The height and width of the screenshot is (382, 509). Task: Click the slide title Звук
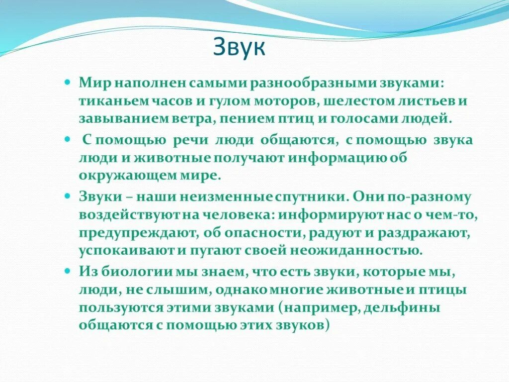[x=240, y=48]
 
